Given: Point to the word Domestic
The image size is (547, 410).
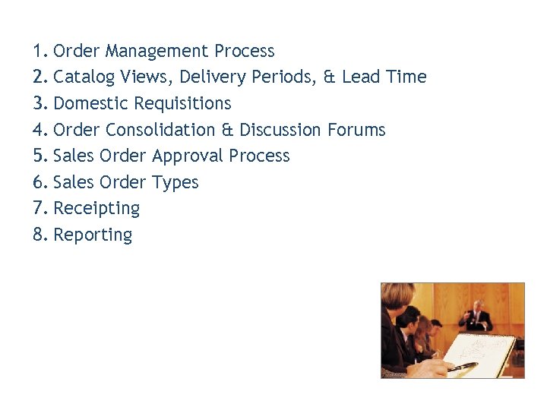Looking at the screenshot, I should click(91, 103).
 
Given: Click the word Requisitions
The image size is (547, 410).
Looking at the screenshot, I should click(182, 103).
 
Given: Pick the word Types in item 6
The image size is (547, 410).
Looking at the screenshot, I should click(175, 183).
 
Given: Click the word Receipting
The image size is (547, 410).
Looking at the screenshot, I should click(96, 209).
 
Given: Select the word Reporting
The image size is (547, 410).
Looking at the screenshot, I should click(93, 235).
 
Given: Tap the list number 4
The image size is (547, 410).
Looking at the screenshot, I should click(40, 130).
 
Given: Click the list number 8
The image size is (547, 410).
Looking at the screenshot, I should click(40, 235).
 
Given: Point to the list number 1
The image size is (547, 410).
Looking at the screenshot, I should click(40, 52).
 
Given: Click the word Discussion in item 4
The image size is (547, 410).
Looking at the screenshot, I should click(281, 130).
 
